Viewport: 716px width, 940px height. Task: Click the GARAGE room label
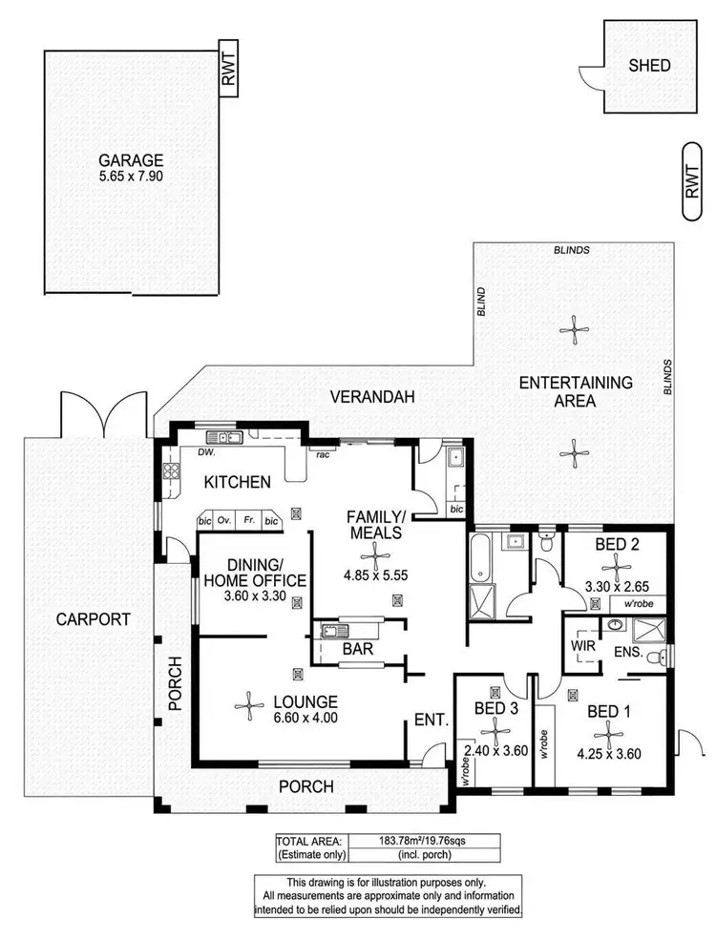point(133,160)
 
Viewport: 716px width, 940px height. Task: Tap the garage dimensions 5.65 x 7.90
point(133,177)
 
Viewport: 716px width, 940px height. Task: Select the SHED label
point(649,66)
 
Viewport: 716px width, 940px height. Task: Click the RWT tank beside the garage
point(228,69)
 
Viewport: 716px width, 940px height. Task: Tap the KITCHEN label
point(236,482)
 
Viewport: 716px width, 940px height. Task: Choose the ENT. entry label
point(431,721)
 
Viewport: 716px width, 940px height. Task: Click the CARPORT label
point(92,618)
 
